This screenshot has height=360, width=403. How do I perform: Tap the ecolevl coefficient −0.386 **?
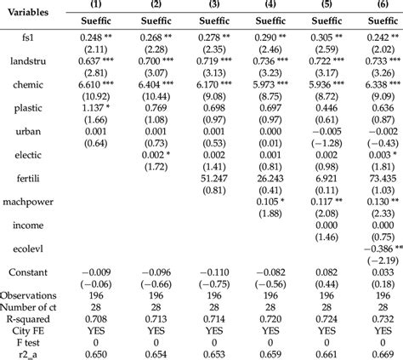pyautogui.click(x=374, y=245)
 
